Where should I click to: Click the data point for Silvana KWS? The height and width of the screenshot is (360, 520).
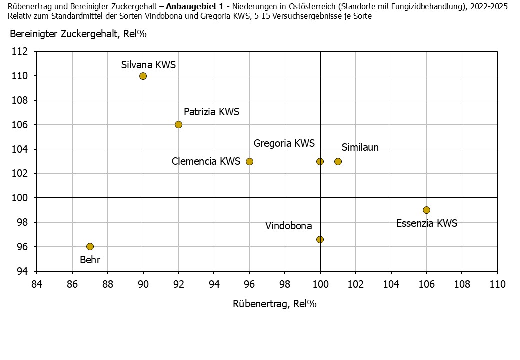click(143, 76)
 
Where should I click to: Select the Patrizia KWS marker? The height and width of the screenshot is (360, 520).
click(178, 124)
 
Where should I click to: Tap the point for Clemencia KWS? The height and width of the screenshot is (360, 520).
click(249, 161)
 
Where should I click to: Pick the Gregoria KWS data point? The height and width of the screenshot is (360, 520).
click(320, 161)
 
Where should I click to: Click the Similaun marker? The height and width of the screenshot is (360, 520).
click(338, 161)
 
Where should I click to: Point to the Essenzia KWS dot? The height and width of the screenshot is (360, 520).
click(426, 210)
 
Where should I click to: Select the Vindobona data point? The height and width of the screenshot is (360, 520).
click(320, 239)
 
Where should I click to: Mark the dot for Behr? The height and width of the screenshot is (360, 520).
click(90, 246)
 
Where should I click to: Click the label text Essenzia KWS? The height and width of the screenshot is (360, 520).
click(426, 223)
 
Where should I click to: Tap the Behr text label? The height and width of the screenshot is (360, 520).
click(90, 260)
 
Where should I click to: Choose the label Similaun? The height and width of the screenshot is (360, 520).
click(360, 147)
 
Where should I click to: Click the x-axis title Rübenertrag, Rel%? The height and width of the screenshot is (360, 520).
click(275, 304)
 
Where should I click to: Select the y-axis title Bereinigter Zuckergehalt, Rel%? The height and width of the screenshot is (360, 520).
click(78, 34)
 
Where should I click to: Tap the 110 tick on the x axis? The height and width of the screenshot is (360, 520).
click(497, 284)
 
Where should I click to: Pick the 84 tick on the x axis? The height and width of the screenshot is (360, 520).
click(37, 284)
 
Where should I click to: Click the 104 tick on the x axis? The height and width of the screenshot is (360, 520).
click(391, 284)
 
